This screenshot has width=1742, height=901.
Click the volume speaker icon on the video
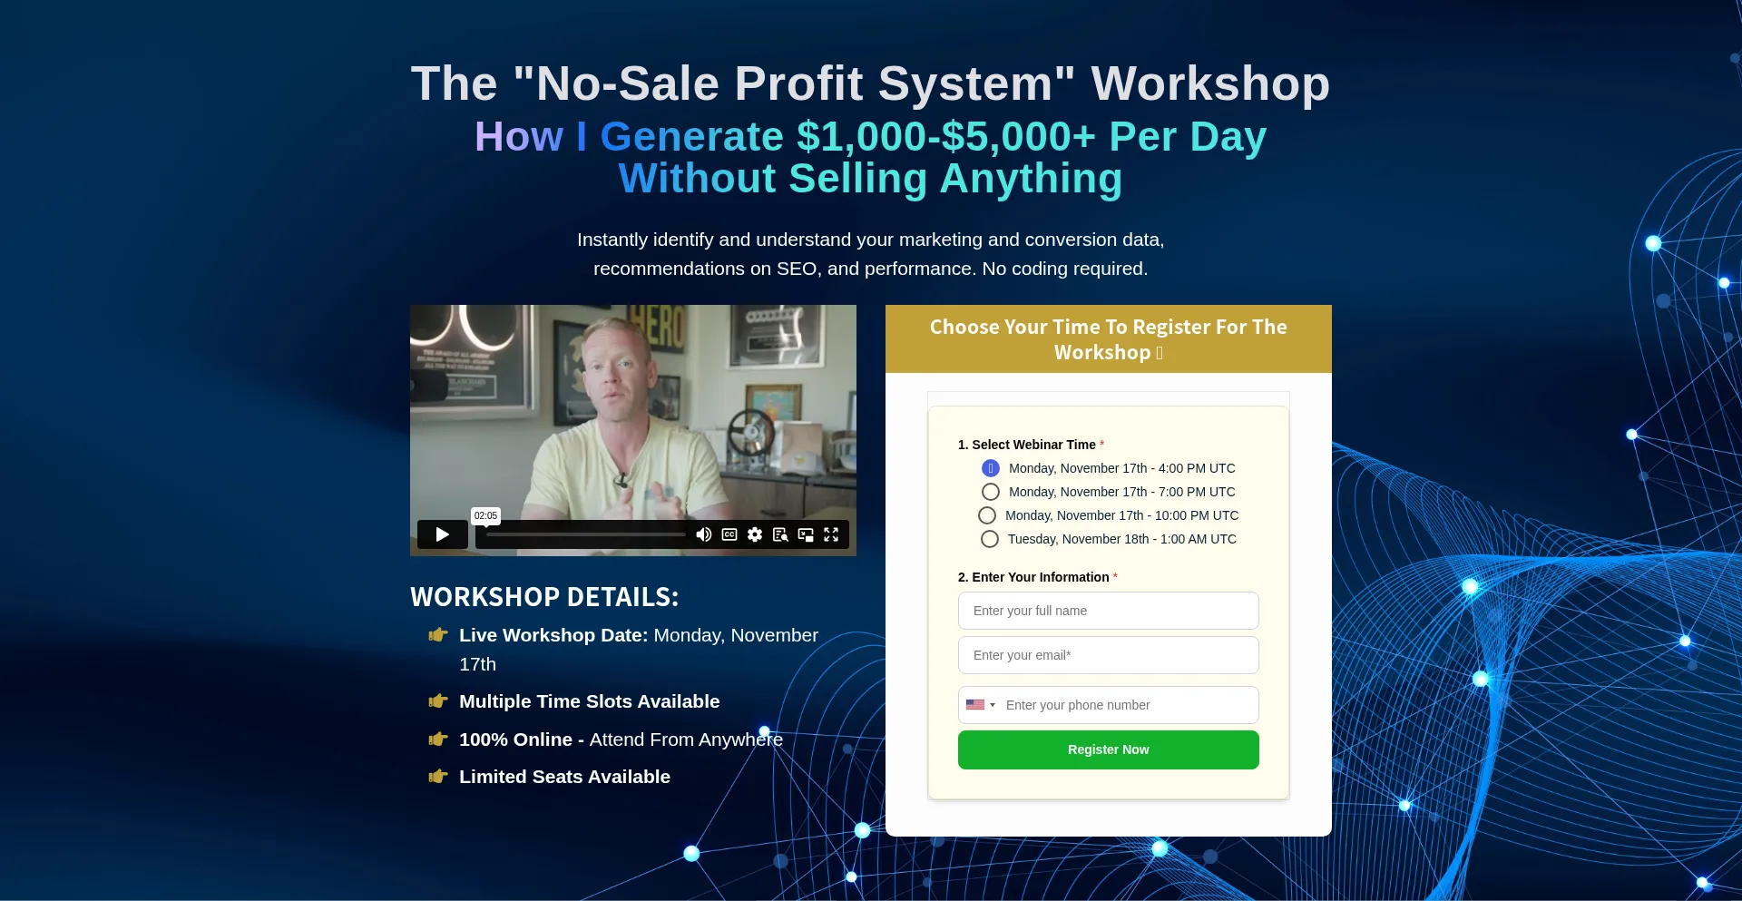pyautogui.click(x=703, y=534)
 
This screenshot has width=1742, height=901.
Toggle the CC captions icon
pyautogui.click(x=729, y=534)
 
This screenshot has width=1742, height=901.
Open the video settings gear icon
pyautogui.click(x=755, y=534)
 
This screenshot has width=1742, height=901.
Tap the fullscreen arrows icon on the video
pyautogui.click(x=831, y=534)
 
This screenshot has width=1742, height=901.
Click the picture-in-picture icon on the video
pyautogui.click(x=806, y=534)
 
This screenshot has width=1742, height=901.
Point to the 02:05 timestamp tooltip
pyautogui.click(x=485, y=515)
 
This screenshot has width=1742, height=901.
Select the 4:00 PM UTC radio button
pyautogui.click(x=991, y=468)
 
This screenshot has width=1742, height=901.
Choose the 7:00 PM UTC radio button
pyautogui.click(x=991, y=492)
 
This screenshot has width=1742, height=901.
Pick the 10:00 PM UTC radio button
pyautogui.click(x=987, y=515)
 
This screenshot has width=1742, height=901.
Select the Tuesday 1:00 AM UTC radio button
pyautogui.click(x=990, y=539)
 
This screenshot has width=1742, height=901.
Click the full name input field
pyautogui.click(x=1108, y=611)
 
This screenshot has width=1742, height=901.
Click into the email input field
pyautogui.click(x=1108, y=655)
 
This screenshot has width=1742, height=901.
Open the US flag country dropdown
pyautogui.click(x=981, y=705)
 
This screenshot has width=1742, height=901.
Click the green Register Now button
pyautogui.click(x=1108, y=749)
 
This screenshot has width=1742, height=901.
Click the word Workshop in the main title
pyautogui.click(x=1210, y=83)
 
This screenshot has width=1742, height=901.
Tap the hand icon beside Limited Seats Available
pyautogui.click(x=438, y=777)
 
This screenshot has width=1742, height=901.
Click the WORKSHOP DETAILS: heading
pyautogui.click(x=544, y=597)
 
